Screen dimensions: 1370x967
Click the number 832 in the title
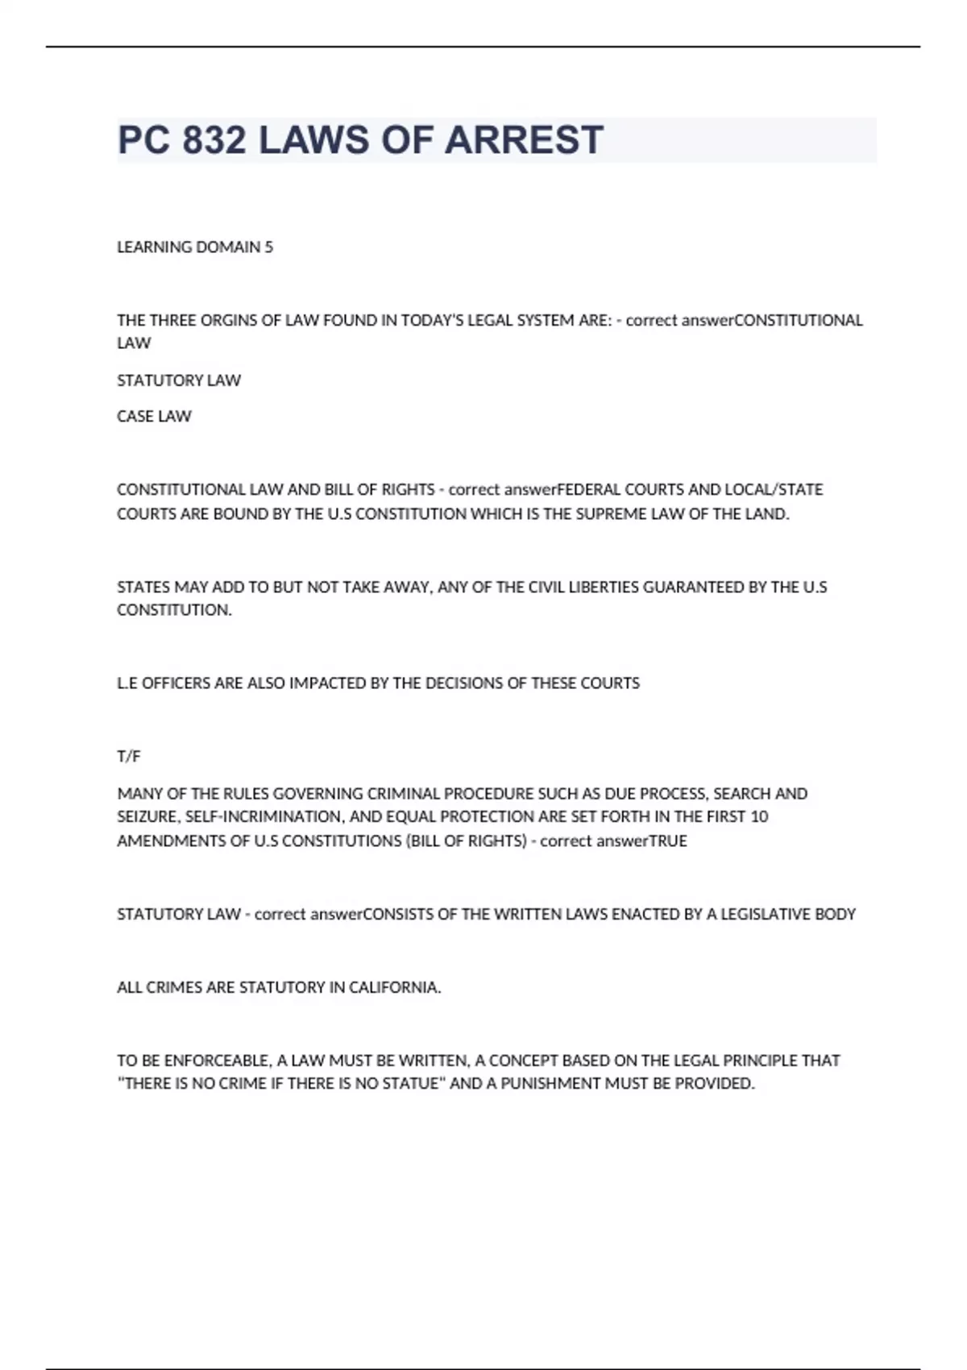click(214, 140)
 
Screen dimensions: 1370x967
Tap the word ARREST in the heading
click(523, 140)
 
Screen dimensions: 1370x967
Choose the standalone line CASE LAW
click(154, 417)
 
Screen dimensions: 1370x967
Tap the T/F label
click(129, 756)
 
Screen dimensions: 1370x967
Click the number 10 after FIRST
click(759, 816)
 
